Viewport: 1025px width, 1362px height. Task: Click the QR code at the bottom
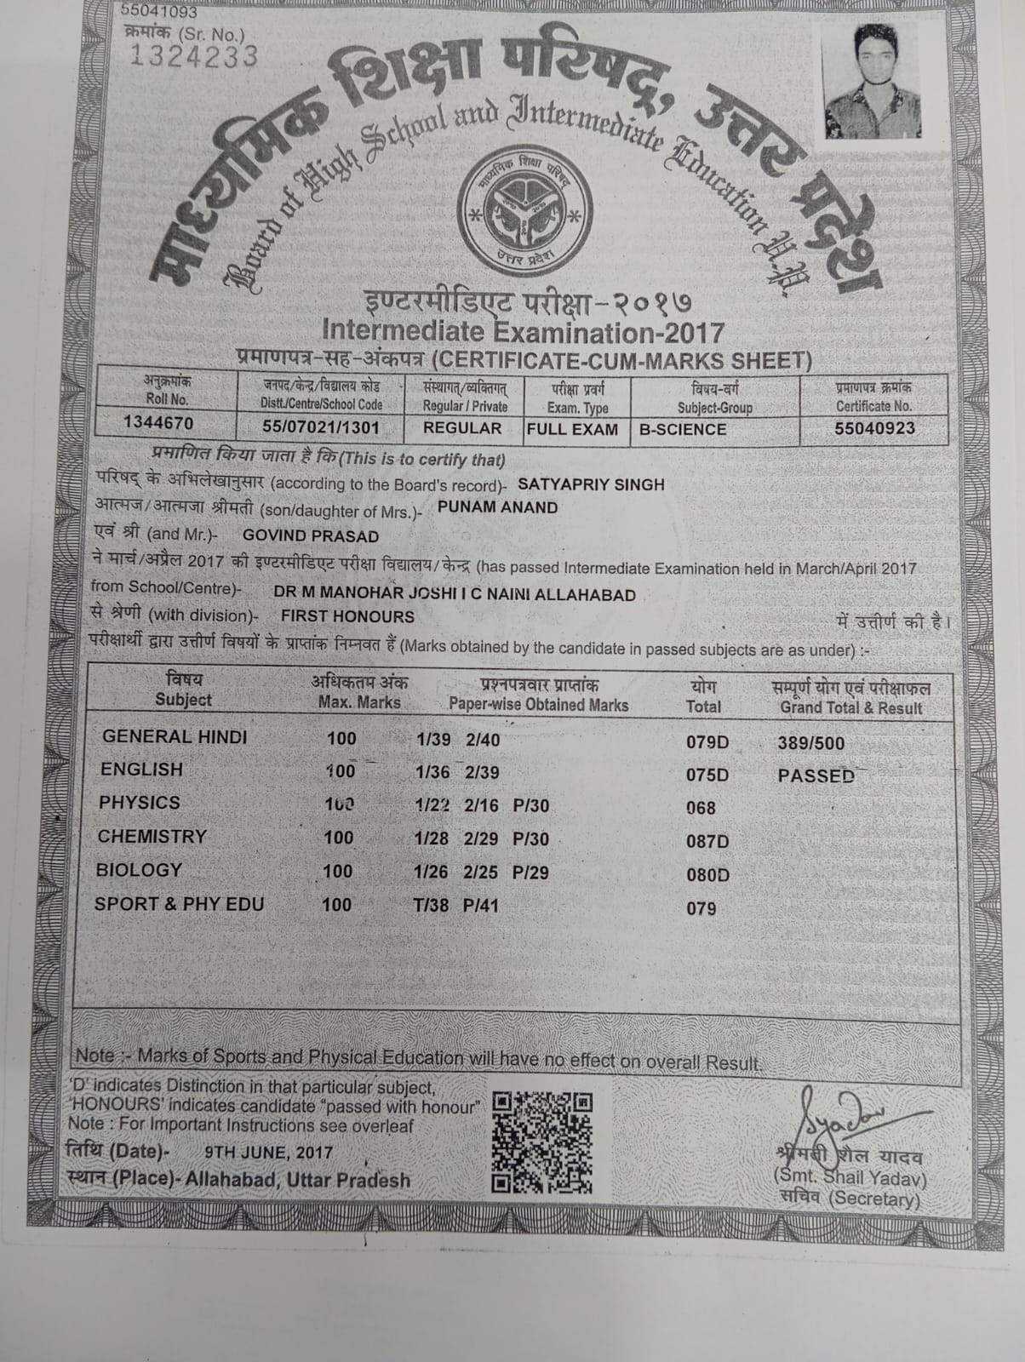point(542,1142)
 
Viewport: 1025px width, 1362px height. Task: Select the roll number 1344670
point(158,423)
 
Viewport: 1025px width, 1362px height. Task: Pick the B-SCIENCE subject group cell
point(683,429)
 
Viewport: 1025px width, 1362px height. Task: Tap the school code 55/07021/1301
point(321,426)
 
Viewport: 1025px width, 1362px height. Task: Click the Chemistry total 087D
point(707,842)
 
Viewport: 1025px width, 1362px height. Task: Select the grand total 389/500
point(811,743)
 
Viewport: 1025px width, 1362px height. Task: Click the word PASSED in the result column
point(816,775)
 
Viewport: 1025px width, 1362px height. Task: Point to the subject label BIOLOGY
point(140,870)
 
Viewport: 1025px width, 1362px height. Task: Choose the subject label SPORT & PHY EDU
point(179,904)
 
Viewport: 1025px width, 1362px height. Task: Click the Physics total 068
point(701,808)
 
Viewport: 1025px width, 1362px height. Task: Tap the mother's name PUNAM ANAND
point(497,507)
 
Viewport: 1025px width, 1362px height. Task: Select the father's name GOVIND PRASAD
point(311,536)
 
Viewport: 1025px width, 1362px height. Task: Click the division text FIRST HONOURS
point(347,616)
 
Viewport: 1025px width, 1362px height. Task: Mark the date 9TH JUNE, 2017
point(269,1153)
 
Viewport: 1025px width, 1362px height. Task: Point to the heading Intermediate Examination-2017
point(524,331)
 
